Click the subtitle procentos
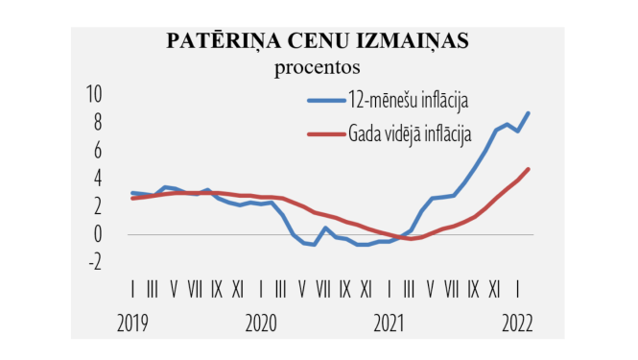[317, 67]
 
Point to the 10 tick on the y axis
[94, 94]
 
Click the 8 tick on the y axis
[97, 122]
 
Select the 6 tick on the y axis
[97, 150]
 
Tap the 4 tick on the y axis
[97, 178]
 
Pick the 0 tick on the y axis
[97, 233]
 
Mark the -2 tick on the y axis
[94, 261]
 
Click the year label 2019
[132, 323]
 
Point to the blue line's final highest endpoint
[529, 113]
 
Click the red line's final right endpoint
[529, 169]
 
